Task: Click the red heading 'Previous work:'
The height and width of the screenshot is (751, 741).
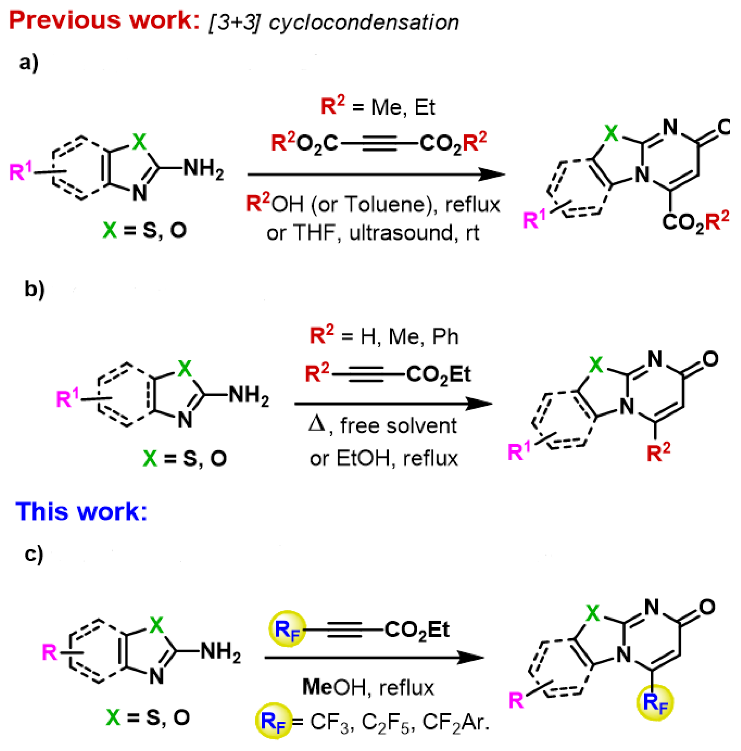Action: (104, 20)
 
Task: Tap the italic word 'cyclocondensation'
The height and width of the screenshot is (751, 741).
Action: (364, 22)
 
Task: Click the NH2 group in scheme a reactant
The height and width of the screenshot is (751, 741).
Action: (203, 169)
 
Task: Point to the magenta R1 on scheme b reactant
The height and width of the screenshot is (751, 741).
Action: (67, 398)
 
